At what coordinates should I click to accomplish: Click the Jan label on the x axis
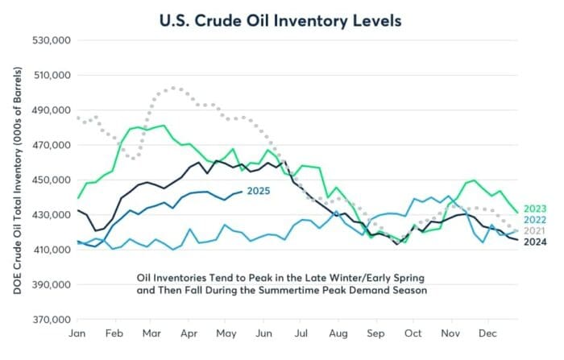click(x=79, y=333)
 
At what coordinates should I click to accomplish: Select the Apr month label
click(x=190, y=333)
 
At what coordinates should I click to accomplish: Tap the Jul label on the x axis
click(x=301, y=333)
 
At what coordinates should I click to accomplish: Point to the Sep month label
click(x=375, y=333)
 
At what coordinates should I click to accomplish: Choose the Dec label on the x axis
click(x=487, y=333)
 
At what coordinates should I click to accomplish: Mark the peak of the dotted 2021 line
click(x=175, y=88)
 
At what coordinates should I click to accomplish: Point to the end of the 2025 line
click(x=243, y=192)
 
